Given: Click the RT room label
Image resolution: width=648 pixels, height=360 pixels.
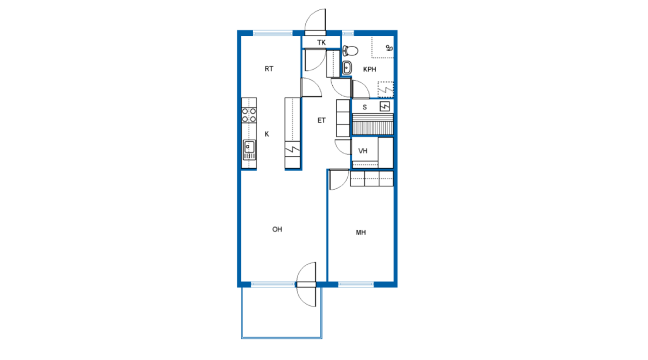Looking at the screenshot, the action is pos(269,69).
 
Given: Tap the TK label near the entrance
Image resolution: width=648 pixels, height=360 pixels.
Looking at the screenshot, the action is pos(321,43).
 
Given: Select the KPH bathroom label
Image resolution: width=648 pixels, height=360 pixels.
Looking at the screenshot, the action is pos(370,69).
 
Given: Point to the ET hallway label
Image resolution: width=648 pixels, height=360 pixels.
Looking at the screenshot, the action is pos(321,121).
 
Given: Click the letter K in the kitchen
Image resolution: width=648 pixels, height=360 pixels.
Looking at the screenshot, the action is pos(267,134).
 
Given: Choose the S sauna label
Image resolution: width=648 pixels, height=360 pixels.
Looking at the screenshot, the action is pos(364,107).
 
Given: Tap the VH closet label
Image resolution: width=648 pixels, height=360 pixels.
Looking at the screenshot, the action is pos(363,151).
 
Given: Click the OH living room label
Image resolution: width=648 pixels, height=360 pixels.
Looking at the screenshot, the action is pos(277,229).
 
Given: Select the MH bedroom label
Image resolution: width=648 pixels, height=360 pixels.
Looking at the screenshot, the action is pos(361,232).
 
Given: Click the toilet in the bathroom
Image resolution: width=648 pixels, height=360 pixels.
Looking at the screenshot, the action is pos(350,51).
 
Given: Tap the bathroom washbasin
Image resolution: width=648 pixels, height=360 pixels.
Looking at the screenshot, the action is pos(347,68).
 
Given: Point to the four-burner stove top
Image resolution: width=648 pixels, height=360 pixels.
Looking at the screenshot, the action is pos(249,115).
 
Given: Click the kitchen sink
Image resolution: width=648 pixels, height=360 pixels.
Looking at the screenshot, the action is pos(249,150).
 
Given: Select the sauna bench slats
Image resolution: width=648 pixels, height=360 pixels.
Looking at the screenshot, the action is pos(373,125).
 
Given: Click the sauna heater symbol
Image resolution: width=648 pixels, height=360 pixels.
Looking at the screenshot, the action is pos(385,106).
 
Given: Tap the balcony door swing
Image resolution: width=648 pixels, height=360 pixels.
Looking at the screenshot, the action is pos(306,285).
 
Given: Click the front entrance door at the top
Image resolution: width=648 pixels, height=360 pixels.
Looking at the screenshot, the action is pos(315,22).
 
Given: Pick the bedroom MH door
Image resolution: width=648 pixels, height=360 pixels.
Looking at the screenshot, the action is pos(339,179).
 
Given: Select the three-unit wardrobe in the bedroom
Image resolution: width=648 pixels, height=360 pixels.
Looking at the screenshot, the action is pos(372,179).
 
